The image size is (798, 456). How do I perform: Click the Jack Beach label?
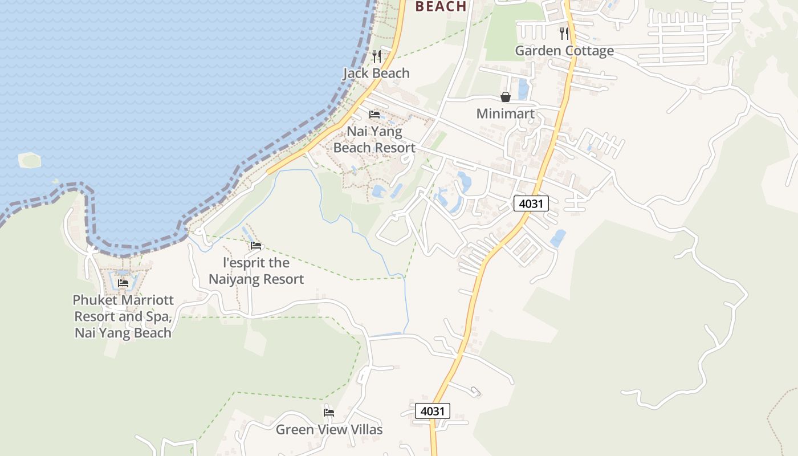coord(376,73)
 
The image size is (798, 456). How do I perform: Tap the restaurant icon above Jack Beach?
coord(376,56)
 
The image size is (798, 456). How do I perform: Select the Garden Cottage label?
coord(564,51)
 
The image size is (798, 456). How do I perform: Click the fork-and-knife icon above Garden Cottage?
coord(564,33)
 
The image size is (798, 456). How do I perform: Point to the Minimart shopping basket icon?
coord(506,97)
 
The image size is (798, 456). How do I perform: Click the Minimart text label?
coord(506,113)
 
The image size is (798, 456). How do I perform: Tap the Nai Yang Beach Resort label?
coord(374,140)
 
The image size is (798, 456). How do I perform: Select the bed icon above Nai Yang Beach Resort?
coord(374,115)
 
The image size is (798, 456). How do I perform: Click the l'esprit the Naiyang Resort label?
coord(256,271)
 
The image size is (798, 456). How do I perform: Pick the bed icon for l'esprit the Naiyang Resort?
coord(256,246)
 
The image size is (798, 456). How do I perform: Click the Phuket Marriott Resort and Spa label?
coord(123,316)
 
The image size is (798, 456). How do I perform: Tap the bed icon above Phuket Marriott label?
coord(123,283)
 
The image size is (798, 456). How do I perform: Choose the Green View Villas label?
coord(329,429)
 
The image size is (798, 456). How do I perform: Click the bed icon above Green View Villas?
coord(329,412)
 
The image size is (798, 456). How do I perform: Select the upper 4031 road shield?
coord(531,203)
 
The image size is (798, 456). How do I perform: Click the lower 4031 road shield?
coord(433,411)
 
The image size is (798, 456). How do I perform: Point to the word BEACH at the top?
coord(441,6)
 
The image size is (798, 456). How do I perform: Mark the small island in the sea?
coord(30,160)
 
